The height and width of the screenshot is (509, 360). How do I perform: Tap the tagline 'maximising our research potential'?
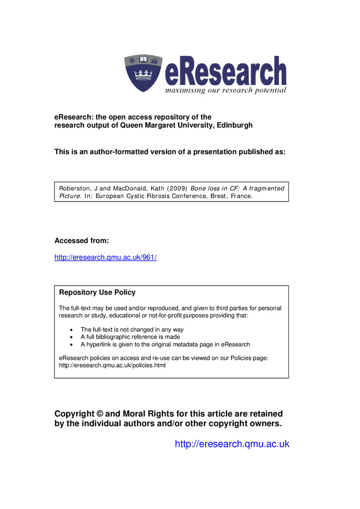tap(225, 90)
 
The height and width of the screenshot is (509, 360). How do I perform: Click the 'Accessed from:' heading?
tap(81, 240)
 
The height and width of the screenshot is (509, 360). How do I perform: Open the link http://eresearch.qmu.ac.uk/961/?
tap(105, 258)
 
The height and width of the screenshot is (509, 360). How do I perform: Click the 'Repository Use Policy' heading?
tap(97, 293)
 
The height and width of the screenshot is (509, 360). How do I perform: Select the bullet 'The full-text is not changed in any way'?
tap(132, 329)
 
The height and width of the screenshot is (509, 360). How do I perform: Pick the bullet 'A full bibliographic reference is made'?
tap(130, 337)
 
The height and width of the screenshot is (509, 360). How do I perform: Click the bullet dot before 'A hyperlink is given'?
tap(70, 345)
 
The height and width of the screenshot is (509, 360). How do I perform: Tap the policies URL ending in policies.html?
tap(113, 365)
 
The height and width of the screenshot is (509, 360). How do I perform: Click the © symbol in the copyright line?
tap(100, 414)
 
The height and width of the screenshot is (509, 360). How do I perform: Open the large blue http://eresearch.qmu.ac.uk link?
tap(232, 444)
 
